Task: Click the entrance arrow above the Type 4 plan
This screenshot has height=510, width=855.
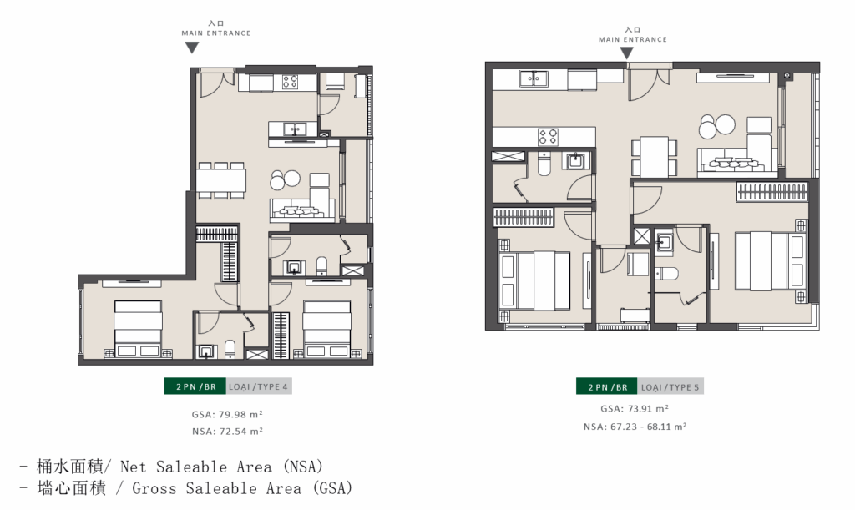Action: (x=191, y=48)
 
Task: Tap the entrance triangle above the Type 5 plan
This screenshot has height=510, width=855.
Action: (x=626, y=53)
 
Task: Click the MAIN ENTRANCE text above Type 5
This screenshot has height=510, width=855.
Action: (x=633, y=39)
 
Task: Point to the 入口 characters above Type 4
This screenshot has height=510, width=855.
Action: (x=216, y=23)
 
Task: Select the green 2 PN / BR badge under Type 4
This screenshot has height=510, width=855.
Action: (x=195, y=386)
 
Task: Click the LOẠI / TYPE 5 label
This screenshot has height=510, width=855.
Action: (x=670, y=386)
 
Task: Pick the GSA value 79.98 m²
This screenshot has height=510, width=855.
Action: (x=227, y=414)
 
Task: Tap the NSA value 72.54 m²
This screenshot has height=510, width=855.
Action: (x=227, y=431)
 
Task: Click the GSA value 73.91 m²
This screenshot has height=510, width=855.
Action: (x=635, y=408)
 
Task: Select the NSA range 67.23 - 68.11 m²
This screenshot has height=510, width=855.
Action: (x=635, y=426)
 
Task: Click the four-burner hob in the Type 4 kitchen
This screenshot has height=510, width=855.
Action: (x=290, y=82)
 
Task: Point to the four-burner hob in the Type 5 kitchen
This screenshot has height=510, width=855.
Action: (x=548, y=136)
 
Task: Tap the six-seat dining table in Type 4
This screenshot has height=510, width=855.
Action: (x=221, y=179)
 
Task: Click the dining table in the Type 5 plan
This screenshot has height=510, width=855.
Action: (x=655, y=157)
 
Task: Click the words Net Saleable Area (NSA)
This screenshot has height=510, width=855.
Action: (x=222, y=467)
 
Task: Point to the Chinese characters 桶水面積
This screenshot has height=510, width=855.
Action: (x=70, y=467)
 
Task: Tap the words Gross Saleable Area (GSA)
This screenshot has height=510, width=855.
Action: (x=243, y=488)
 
